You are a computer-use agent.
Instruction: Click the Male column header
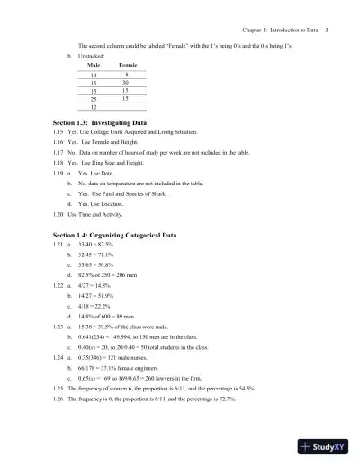tap(94, 66)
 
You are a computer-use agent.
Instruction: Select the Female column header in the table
tap(128, 66)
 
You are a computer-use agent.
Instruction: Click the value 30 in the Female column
tap(126, 83)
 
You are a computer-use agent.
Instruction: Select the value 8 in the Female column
tap(126, 75)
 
